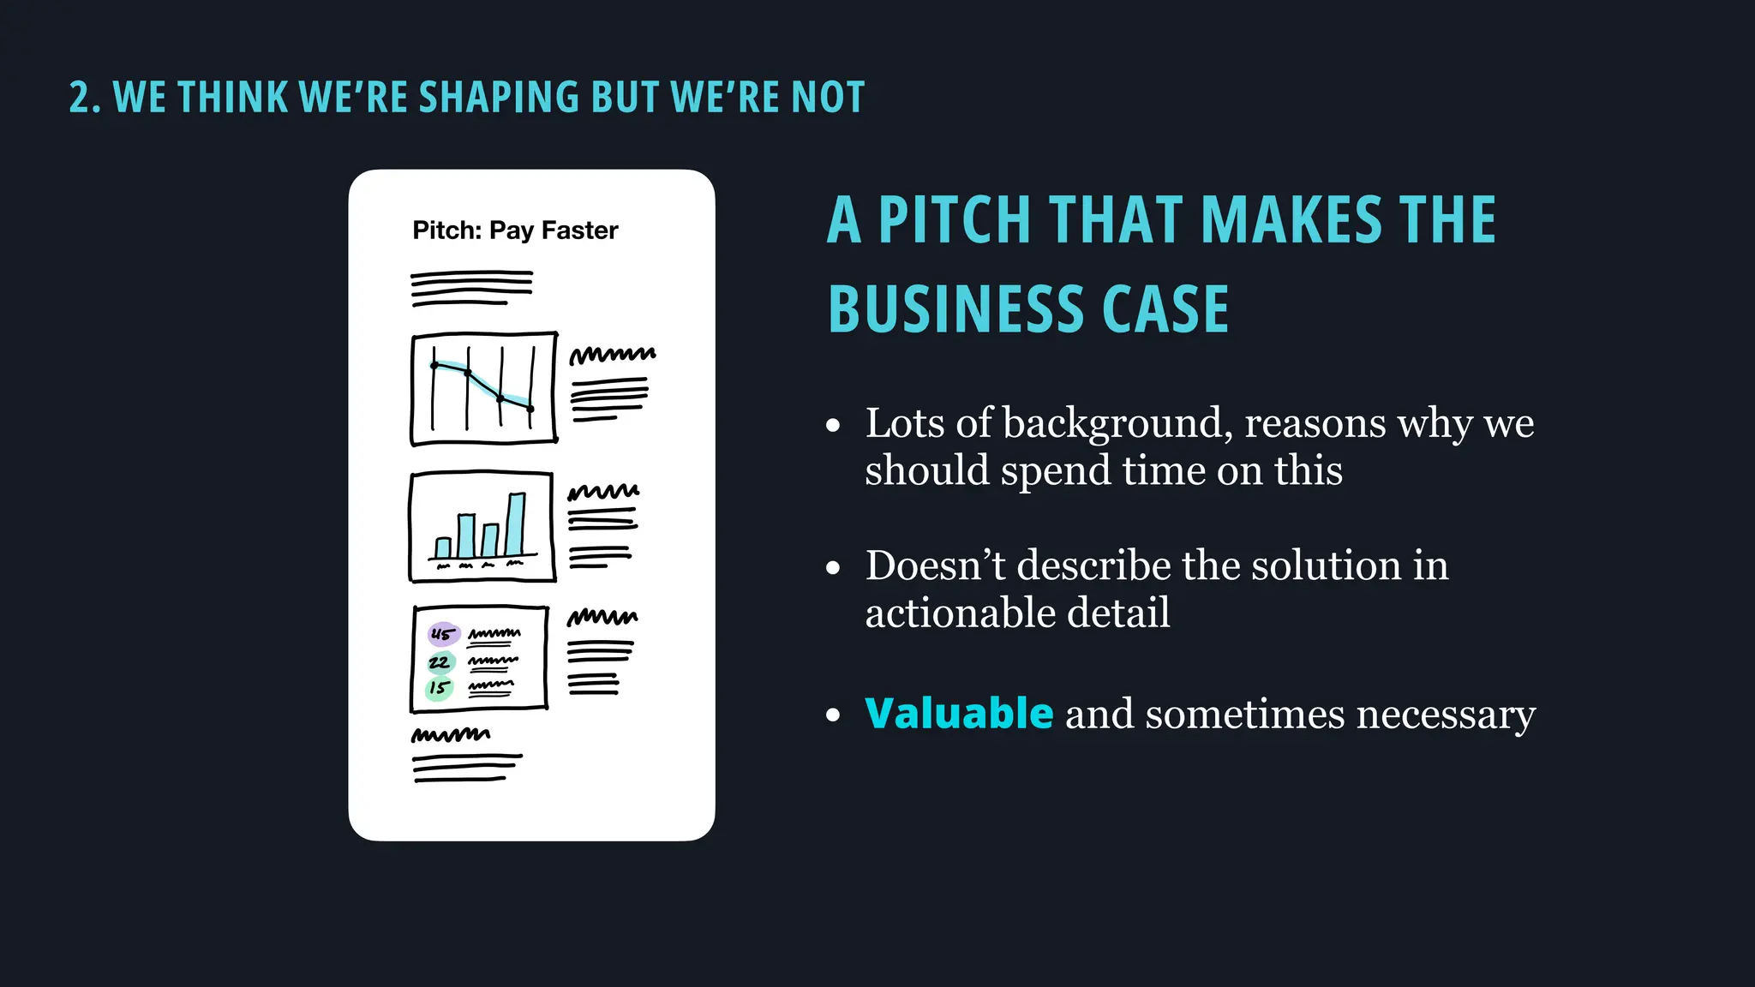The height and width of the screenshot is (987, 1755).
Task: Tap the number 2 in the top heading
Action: coord(79,98)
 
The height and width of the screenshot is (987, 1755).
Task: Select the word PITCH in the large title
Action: coord(954,220)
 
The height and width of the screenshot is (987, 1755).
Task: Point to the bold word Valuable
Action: coord(959,714)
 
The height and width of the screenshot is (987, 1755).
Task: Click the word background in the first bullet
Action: coord(1117,423)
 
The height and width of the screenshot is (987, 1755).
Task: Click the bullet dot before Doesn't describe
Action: coord(833,568)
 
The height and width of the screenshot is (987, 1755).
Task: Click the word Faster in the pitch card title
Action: coord(579,230)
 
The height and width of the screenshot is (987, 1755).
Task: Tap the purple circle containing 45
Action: coord(443,635)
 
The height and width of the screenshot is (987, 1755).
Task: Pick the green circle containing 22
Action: coord(440,662)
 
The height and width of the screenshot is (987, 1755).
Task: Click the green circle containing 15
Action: coord(439,688)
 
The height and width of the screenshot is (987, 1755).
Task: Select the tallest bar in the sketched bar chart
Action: coord(515,524)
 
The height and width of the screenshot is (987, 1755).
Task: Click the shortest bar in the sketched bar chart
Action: coord(443,547)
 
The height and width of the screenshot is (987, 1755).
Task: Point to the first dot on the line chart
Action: coord(434,366)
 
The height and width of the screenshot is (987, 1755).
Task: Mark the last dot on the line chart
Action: coord(530,409)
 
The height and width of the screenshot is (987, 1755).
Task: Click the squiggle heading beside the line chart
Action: coord(612,355)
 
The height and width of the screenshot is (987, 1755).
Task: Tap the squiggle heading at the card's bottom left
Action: coord(451,735)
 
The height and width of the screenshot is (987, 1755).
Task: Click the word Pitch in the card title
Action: coord(446,230)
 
